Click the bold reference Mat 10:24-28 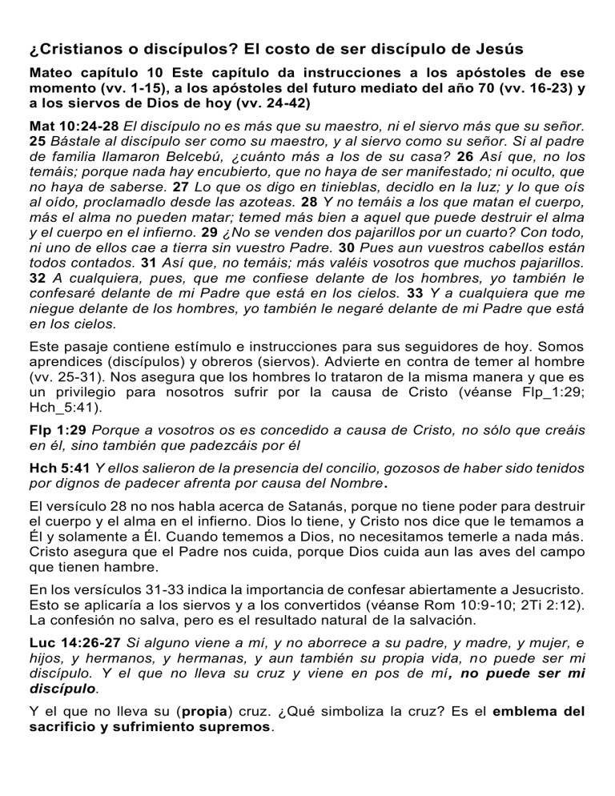pos(74,126)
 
